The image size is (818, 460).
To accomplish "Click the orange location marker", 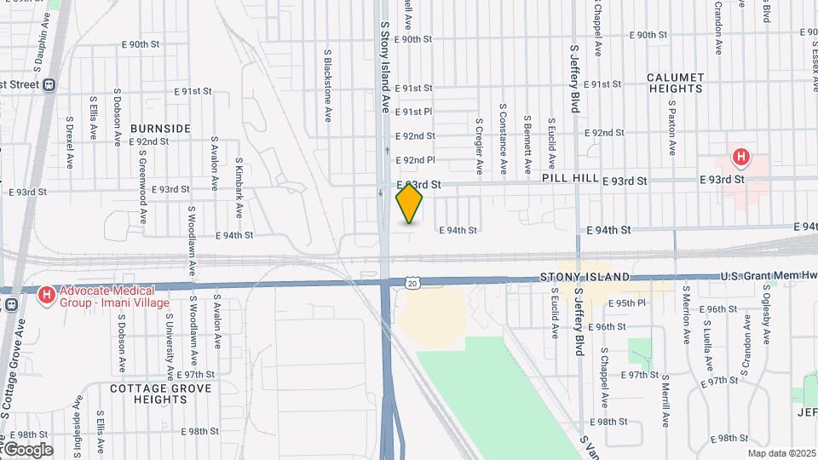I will click(x=410, y=204).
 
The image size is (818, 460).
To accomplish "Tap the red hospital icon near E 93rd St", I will click(x=742, y=158).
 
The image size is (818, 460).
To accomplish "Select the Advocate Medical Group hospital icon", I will click(x=48, y=296).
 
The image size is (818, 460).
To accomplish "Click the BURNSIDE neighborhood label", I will click(x=160, y=128).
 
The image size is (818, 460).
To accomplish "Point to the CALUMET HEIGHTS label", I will click(x=676, y=83).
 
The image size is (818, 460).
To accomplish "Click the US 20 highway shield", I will click(x=412, y=282).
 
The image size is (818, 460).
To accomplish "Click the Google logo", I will click(x=27, y=449).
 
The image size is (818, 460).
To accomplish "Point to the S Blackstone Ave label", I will click(x=327, y=85).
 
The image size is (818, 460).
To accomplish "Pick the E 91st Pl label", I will click(x=418, y=112).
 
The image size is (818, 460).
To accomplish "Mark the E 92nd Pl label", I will click(x=419, y=159).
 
